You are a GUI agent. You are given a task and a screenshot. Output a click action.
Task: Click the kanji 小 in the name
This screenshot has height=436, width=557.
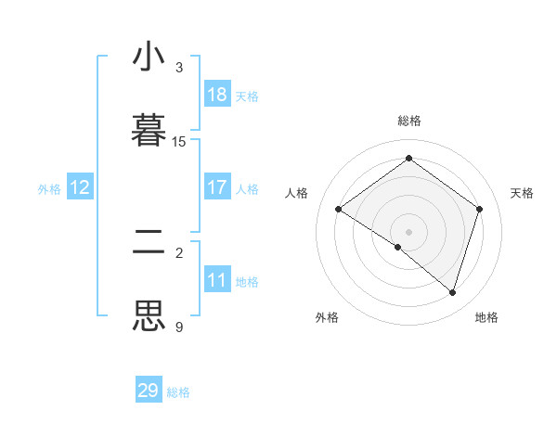tap(149, 58)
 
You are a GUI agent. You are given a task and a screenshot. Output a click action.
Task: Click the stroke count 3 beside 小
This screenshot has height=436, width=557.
tap(179, 68)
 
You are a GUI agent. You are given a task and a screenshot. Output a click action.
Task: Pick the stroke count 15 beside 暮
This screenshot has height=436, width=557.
tap(179, 142)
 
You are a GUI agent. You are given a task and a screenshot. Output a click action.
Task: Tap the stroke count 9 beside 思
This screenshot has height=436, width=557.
tap(179, 327)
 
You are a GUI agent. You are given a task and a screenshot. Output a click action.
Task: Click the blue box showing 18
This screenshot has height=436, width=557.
tap(217, 95)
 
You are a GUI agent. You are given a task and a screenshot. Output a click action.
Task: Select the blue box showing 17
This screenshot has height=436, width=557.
tap(217, 187)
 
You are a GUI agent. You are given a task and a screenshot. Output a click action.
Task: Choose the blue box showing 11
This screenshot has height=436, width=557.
tap(217, 280)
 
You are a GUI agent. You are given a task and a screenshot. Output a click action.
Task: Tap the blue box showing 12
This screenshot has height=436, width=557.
tap(80, 187)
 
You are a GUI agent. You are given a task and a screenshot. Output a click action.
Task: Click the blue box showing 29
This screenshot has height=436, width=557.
tap(149, 391)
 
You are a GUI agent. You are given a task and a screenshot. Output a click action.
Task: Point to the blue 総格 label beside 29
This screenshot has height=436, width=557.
tap(178, 392)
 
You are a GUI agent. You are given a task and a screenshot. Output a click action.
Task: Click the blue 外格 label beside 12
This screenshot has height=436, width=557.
tap(49, 189)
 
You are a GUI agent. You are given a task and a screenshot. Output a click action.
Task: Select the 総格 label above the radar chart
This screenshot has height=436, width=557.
tap(409, 121)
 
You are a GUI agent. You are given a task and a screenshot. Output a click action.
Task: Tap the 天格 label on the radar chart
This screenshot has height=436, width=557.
tap(522, 193)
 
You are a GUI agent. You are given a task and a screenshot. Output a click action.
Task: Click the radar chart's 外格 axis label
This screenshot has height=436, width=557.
tap(327, 317)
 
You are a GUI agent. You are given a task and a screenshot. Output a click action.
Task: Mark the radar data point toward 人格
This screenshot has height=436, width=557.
tap(339, 210)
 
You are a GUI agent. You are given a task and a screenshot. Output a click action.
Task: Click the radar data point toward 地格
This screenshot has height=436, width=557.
tap(452, 292)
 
